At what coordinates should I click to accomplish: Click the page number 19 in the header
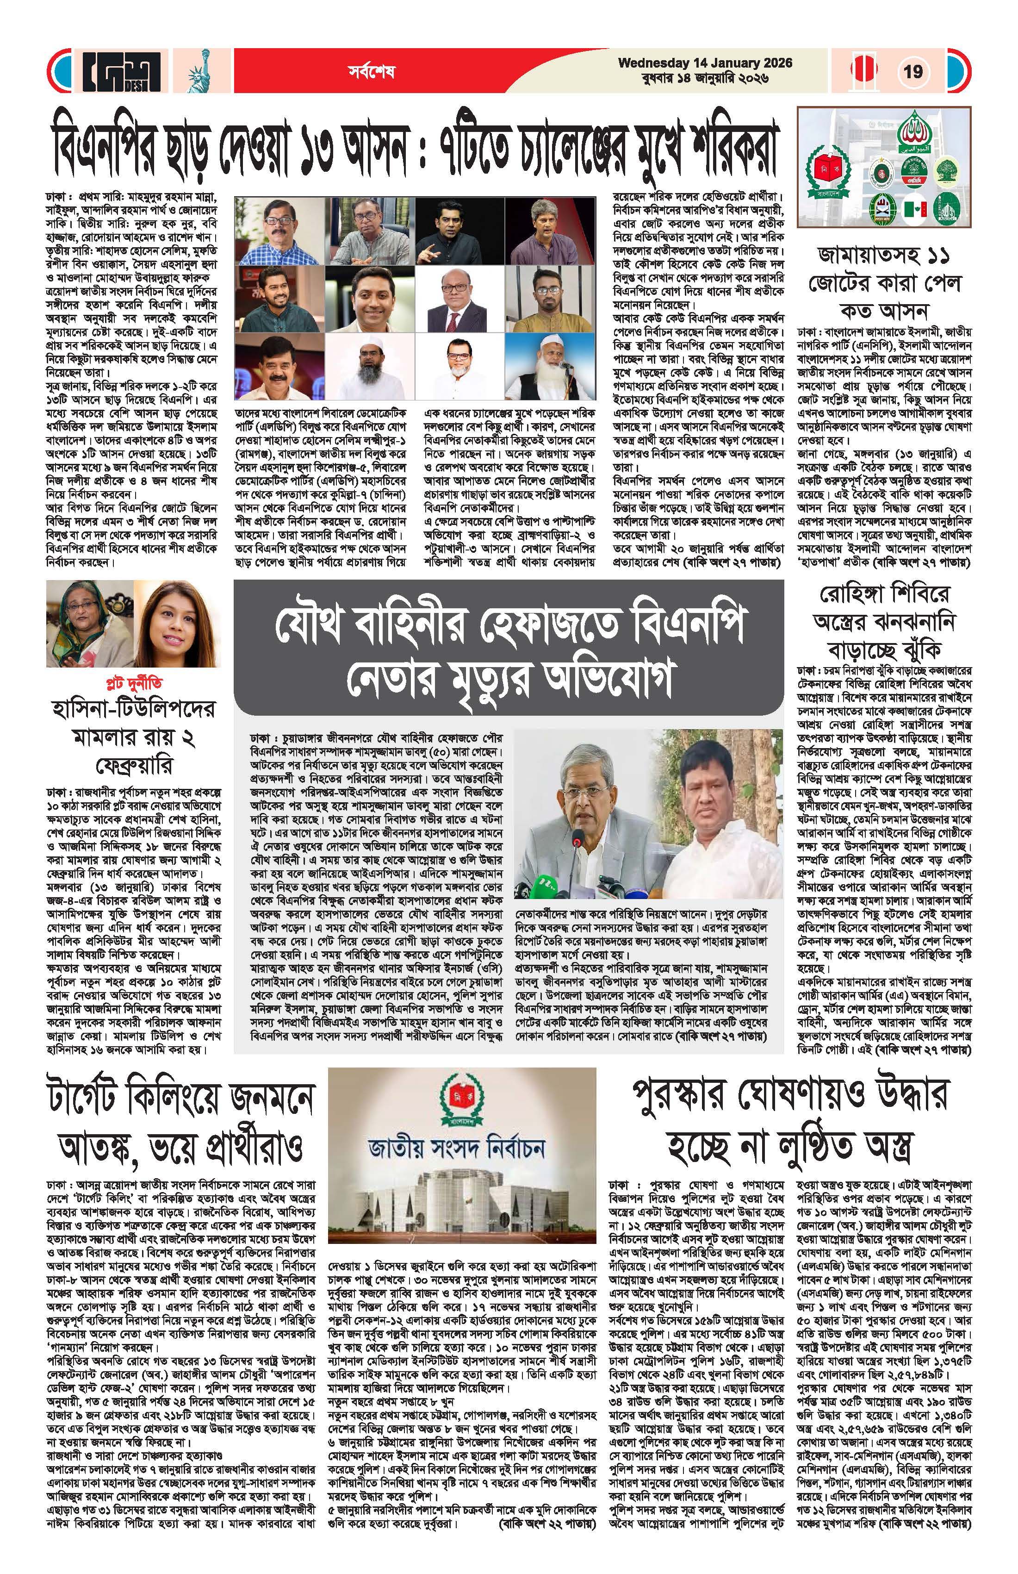click(x=913, y=71)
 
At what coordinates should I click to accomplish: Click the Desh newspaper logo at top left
click(x=122, y=71)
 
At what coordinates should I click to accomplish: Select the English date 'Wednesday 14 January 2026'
click(x=705, y=63)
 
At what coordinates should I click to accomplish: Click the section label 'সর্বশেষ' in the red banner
click(x=372, y=71)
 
